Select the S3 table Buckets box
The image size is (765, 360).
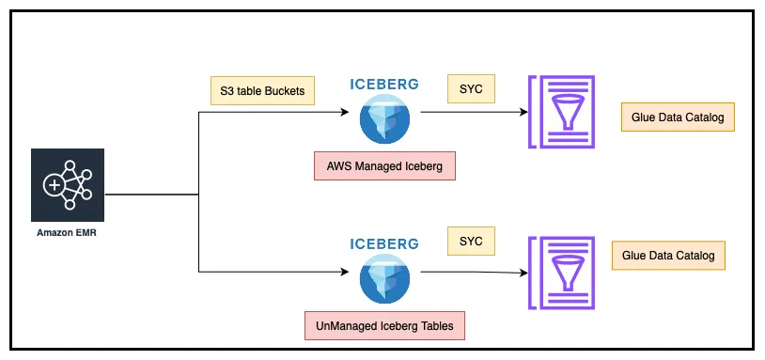point(261,90)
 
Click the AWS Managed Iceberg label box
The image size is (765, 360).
point(383,166)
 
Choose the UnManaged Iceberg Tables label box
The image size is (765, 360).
point(384,325)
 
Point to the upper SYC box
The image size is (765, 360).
point(470,89)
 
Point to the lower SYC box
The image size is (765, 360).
point(470,241)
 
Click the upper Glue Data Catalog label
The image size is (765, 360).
point(677,117)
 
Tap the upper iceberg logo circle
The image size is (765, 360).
point(384,119)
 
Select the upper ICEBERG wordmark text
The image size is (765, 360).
point(384,83)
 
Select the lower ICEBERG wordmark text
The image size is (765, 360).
point(384,243)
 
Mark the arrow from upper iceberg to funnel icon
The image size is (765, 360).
point(470,112)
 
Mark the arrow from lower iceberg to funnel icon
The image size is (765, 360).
point(470,273)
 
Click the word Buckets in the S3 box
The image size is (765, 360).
point(282,90)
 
